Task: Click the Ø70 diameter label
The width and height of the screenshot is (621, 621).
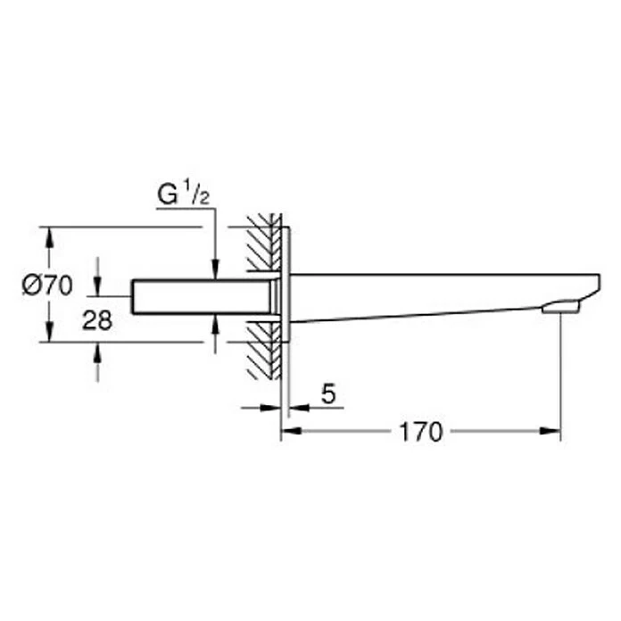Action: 47,286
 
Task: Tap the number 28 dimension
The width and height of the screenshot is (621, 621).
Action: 97,320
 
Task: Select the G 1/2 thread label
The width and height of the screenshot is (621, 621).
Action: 183,194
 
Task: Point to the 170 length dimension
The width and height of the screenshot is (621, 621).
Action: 420,432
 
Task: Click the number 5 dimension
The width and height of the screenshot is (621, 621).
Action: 328,393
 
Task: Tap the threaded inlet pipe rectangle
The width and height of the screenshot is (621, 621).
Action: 202,297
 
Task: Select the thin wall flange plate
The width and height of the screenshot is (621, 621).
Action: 286,285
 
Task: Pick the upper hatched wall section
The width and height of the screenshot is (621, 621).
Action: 263,243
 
